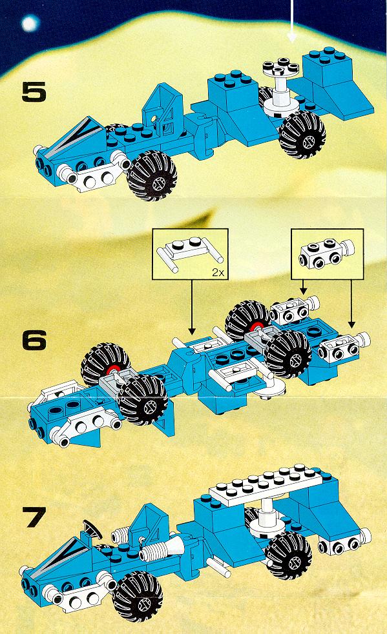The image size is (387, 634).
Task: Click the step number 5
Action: [34, 92]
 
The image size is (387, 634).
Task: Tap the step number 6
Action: [34, 341]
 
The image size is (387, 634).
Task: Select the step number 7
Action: [36, 517]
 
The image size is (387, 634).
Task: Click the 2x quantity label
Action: [218, 273]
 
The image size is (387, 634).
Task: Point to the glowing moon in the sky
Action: [30, 24]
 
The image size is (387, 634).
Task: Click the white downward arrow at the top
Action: [292, 20]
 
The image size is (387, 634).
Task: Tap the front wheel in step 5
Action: [152, 176]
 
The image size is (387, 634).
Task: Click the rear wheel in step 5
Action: [302, 135]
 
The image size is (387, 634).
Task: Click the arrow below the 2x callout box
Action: [192, 306]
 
